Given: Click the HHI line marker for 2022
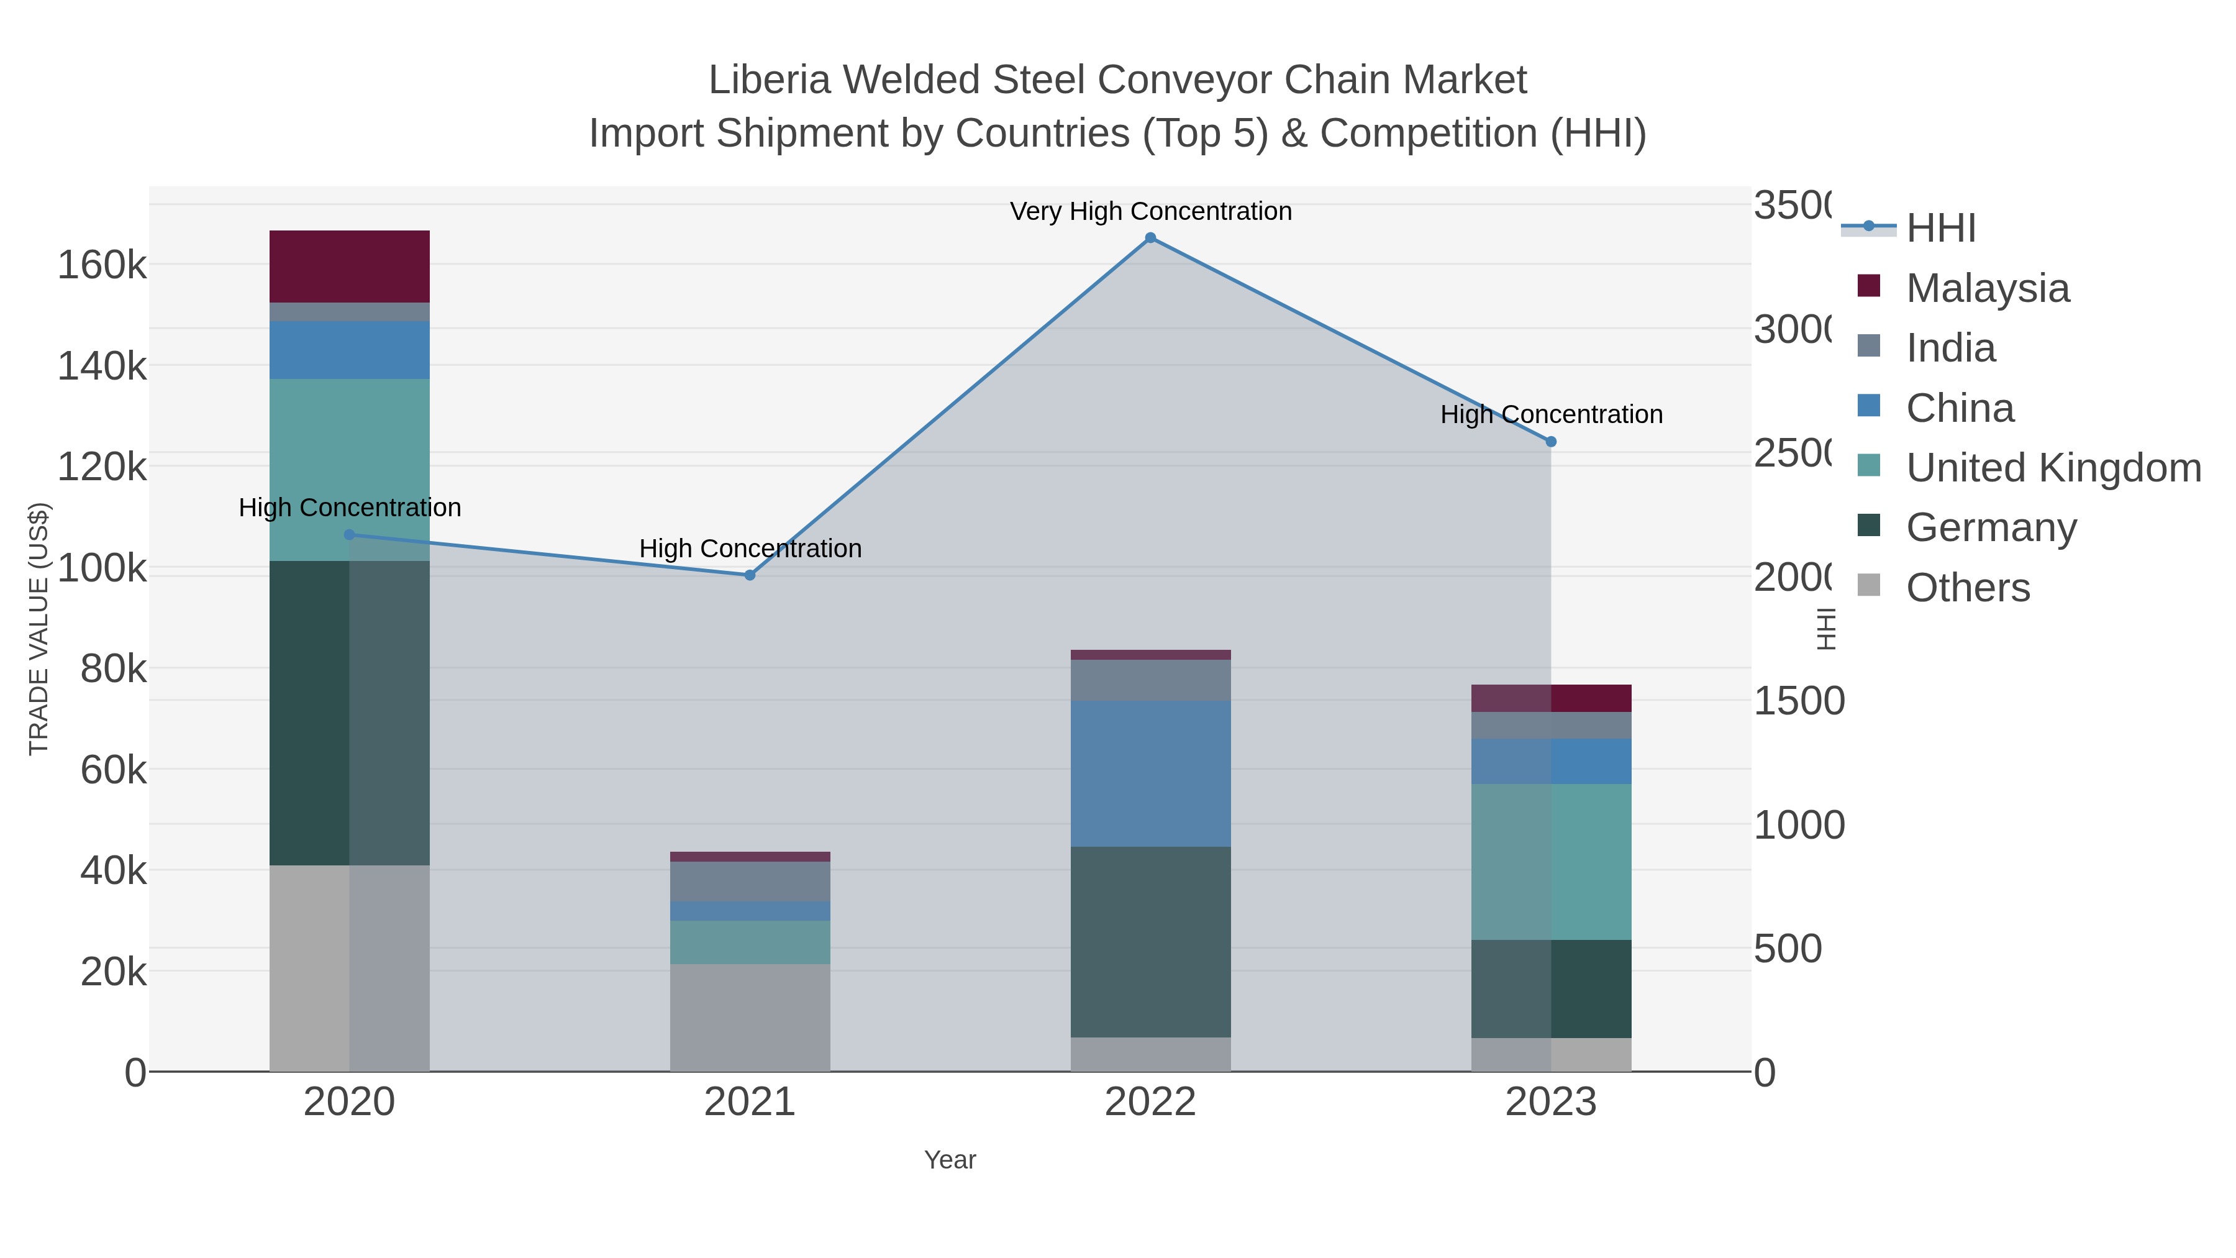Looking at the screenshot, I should [1150, 238].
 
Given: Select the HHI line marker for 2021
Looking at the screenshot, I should [750, 575].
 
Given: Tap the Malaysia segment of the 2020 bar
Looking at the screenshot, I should [349, 267].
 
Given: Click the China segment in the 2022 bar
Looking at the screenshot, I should [1150, 773].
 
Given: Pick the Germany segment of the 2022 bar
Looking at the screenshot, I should [1150, 942].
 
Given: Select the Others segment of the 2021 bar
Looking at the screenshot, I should [750, 1018].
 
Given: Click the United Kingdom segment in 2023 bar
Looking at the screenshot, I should [1551, 862].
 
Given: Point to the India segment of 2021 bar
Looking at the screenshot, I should [750, 881].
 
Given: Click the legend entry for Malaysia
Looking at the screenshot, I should [1988, 288].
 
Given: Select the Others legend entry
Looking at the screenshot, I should [1968, 588].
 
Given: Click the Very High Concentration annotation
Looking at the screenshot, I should [1150, 211].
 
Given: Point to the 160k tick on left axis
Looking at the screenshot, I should [102, 265].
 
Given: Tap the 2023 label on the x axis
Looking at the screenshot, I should [1551, 1103].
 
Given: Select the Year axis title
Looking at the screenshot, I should [950, 1160].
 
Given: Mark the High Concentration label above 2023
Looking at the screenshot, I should [1551, 414].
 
